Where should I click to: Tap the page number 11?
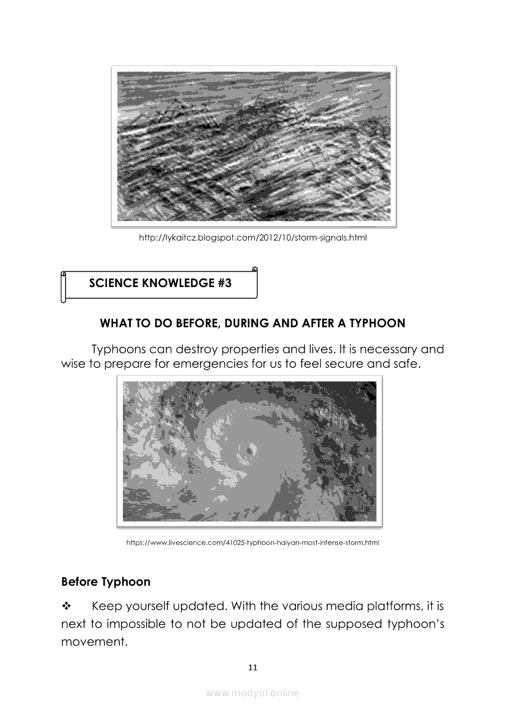point(253,666)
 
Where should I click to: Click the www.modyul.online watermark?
point(253,693)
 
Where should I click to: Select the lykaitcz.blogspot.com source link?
point(253,237)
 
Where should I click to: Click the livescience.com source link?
point(253,542)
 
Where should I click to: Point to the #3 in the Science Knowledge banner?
point(224,283)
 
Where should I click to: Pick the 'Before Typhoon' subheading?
point(106,581)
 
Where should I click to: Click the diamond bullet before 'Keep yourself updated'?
point(67,607)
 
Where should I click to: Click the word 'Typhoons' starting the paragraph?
point(118,350)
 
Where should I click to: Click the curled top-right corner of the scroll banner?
point(254,269)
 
